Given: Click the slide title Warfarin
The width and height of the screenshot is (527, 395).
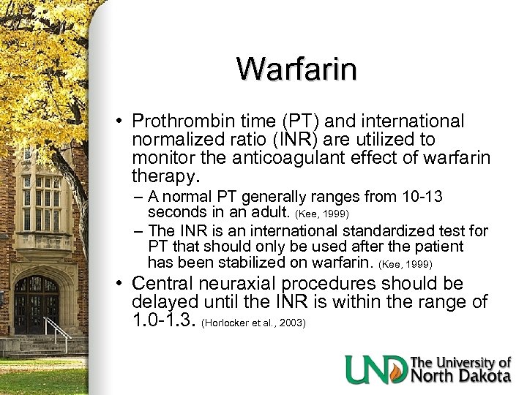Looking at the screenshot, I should pos(296,69).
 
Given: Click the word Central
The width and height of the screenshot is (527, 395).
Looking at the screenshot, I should pos(165,284).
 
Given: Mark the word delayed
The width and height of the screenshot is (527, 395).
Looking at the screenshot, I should pos(162,302).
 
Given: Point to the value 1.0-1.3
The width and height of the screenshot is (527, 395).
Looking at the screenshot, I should pos(163,320).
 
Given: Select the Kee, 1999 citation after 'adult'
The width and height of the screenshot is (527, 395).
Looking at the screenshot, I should pos(322,214).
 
